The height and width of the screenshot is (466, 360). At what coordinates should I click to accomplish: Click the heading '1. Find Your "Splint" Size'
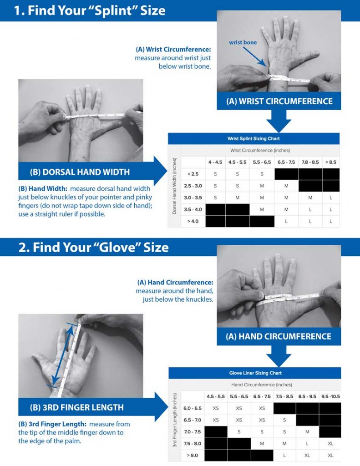[89, 10]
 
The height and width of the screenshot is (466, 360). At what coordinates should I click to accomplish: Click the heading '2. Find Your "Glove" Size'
[93, 247]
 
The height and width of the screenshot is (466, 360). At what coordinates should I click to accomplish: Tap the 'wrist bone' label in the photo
[243, 42]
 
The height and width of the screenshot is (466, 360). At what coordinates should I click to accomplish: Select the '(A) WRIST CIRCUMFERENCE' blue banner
[279, 101]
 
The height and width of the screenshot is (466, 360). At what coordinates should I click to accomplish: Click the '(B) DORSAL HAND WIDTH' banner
[80, 172]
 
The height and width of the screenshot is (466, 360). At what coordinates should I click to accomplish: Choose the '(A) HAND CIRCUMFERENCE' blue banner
[279, 336]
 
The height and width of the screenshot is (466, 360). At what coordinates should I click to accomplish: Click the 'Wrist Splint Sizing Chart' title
[254, 139]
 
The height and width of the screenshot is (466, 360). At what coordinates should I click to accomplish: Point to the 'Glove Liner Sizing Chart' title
[255, 373]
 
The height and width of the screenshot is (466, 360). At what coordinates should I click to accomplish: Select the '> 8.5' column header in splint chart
[330, 162]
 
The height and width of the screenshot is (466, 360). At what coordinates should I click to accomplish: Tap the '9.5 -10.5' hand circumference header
[330, 396]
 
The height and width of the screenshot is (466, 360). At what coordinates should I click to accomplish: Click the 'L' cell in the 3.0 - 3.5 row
[330, 198]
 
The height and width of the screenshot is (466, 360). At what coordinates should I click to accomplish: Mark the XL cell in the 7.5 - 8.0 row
[330, 443]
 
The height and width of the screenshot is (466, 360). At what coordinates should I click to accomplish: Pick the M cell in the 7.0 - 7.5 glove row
[307, 431]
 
